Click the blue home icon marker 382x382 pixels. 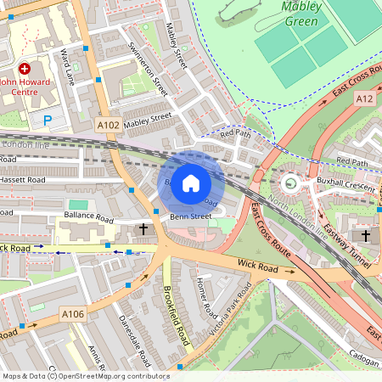(191, 183)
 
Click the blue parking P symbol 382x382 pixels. (48, 121)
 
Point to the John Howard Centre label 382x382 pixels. (31, 82)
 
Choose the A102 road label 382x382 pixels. (108, 125)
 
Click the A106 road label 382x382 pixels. (73, 314)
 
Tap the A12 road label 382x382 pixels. (365, 98)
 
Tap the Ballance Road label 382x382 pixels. (88, 218)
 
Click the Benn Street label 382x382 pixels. (190, 216)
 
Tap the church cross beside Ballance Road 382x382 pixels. (143, 229)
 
